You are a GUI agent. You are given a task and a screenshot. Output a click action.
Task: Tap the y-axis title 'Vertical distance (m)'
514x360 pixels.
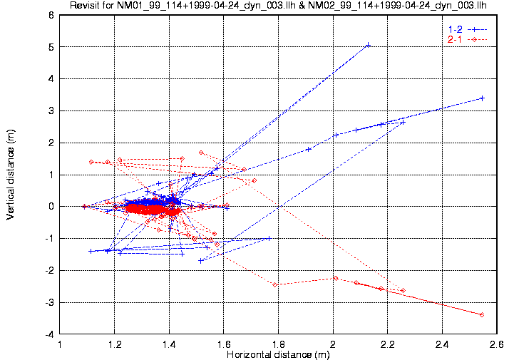10,175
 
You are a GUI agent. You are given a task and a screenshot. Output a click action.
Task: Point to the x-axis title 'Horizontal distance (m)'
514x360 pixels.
278,354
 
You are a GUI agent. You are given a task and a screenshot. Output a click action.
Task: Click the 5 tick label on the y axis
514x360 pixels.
51,47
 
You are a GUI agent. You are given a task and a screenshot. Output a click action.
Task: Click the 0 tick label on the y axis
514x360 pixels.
51,207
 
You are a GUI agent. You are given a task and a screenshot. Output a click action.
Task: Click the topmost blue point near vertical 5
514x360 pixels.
368,45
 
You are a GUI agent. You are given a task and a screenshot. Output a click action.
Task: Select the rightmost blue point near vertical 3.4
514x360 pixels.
483,98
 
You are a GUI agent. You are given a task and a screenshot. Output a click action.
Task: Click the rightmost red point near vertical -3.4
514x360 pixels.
483,314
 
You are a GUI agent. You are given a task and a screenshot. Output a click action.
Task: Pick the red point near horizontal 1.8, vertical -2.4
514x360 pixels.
275,284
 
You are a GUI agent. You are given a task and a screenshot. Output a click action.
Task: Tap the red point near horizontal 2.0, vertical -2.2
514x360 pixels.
336,278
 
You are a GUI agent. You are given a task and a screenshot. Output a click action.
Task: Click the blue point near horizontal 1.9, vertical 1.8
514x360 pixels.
308,149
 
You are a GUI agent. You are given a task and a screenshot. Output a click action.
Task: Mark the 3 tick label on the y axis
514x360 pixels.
51,111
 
